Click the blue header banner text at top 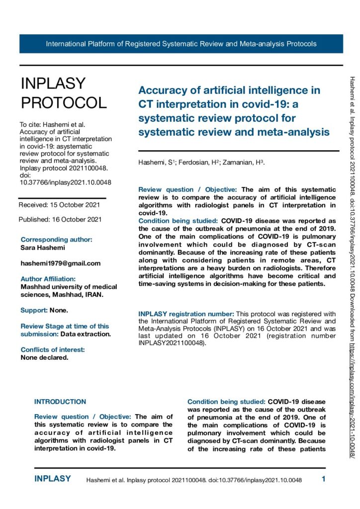click(181, 44)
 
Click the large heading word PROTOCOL click(63, 102)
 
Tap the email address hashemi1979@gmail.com click(61, 263)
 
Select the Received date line click(59, 205)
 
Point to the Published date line click(60, 219)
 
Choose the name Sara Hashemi click(42, 247)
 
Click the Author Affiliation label click(48, 279)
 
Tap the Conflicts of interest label click(53, 349)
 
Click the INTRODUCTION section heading click(60, 402)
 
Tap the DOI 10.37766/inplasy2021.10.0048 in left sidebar click(65, 182)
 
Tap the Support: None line click(44, 310)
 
